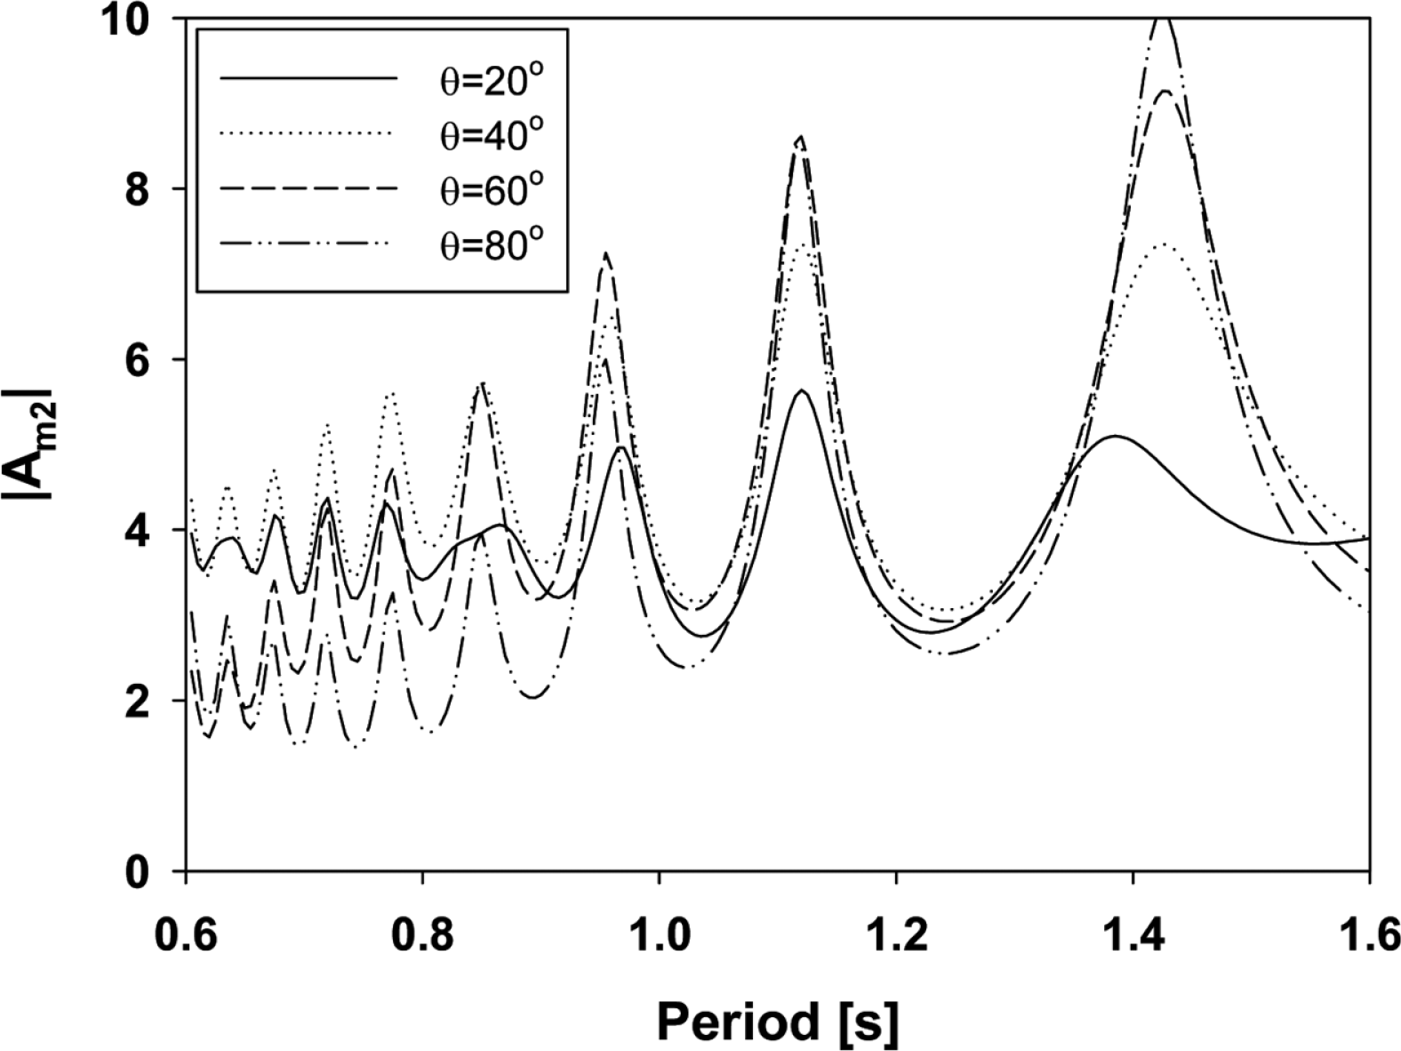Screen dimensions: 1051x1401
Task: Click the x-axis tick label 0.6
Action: click(x=186, y=937)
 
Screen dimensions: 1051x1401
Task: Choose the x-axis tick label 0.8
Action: click(x=422, y=937)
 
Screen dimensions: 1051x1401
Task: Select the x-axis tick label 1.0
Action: click(x=659, y=937)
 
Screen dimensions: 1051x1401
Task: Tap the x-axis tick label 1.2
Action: click(x=896, y=937)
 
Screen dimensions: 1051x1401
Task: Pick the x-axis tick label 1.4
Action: click(x=1133, y=937)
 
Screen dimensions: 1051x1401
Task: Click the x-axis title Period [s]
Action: click(x=778, y=1021)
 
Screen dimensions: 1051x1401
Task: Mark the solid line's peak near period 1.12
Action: click(x=802, y=390)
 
